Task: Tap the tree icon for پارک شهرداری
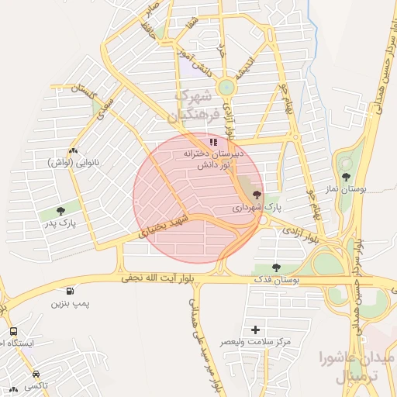coord(257,195)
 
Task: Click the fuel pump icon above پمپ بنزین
coord(71,291)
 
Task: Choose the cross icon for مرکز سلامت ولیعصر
coord(256,330)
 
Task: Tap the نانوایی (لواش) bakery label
coord(72,163)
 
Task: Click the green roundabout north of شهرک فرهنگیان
coord(226,88)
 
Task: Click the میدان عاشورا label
coord(357,357)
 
